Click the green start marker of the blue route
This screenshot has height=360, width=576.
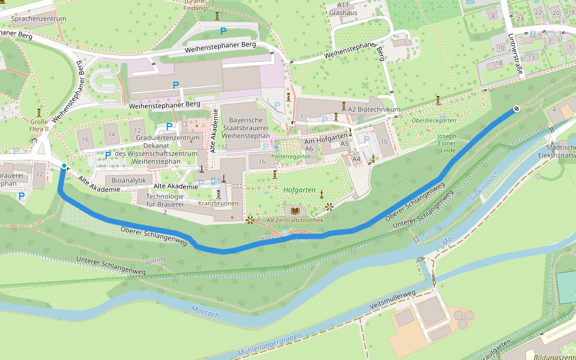click(64, 166)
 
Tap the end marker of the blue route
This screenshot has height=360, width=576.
click(515, 110)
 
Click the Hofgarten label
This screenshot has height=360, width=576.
click(299, 190)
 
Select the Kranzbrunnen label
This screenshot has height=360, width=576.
click(218, 203)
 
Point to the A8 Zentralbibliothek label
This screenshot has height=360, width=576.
click(295, 220)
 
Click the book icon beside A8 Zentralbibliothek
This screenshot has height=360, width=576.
click(295, 211)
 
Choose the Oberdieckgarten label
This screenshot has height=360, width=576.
click(434, 121)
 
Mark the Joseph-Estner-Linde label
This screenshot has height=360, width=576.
click(448, 143)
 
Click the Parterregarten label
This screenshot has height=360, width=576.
click(290, 156)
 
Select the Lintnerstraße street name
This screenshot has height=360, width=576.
click(515, 55)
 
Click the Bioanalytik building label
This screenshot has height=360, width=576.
click(128, 180)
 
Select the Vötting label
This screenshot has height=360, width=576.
click(155, 260)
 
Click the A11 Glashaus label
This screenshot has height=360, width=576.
click(343, 8)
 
